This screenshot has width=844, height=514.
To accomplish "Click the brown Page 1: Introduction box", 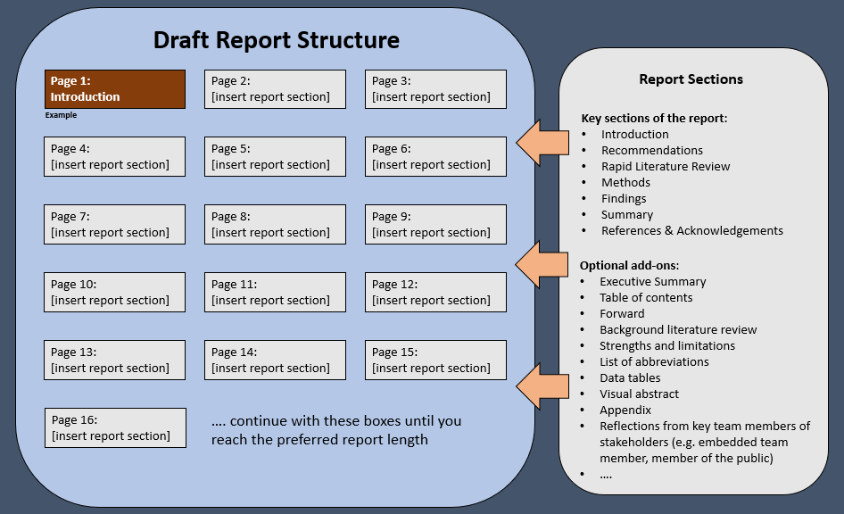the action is click(115, 89).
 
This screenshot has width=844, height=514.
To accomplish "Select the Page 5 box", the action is click(275, 157).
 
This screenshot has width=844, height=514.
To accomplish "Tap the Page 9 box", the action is click(435, 225).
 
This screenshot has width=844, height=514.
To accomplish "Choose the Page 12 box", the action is click(435, 293).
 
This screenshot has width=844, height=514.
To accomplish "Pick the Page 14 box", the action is click(275, 361).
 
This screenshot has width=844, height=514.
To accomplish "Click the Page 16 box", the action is click(115, 427).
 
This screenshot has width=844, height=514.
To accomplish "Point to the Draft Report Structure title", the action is click(277, 40).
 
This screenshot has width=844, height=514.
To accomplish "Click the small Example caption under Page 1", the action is click(61, 115).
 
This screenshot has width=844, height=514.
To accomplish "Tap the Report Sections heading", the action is click(691, 79).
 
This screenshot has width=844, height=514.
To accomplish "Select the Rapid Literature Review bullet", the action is click(666, 166).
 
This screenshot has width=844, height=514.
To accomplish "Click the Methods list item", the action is click(625, 182).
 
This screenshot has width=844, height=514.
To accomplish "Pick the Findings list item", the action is click(624, 199).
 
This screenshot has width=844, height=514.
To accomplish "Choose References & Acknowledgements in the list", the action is click(692, 231).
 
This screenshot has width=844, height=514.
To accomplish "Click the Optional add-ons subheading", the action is click(629, 265).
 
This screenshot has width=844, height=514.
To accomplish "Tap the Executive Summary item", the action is click(653, 281).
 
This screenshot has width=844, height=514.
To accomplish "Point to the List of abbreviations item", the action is click(654, 361).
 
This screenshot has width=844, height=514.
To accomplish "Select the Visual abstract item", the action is click(639, 394).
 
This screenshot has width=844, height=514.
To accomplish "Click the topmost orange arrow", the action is click(542, 143).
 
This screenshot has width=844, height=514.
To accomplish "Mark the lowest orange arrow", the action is click(542, 386).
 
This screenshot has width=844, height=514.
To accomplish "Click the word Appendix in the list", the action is click(625, 410).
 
